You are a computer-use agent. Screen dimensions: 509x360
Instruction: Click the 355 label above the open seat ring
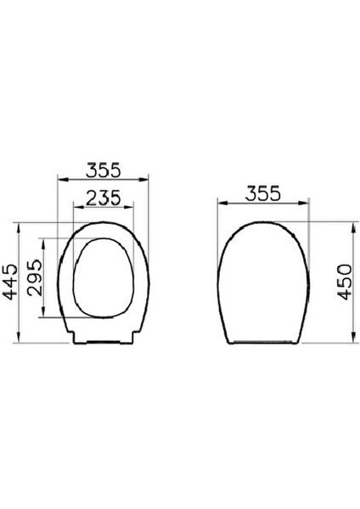103,170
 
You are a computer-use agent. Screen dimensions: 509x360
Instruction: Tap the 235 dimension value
103,198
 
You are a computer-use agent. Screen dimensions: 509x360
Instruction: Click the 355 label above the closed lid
263,193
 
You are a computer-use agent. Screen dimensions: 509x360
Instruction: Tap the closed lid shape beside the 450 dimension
263,280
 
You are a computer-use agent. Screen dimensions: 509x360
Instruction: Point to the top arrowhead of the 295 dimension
42,241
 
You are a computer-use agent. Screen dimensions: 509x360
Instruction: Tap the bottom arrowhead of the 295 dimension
42,316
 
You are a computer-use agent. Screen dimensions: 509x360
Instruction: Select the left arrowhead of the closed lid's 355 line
220,204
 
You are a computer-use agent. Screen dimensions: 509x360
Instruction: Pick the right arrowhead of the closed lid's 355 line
307,204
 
